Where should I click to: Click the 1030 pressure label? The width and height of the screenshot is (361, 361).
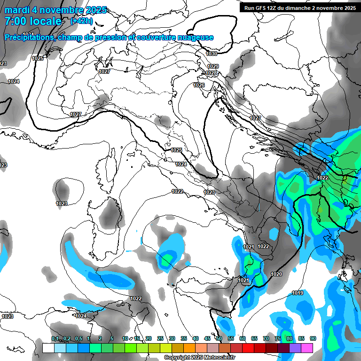click(x=212, y=54)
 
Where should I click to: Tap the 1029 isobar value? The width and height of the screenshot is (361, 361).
click(x=213, y=66)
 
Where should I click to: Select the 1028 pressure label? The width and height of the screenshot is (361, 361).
click(x=212, y=73)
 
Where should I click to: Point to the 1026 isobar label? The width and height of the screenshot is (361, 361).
click(x=199, y=85)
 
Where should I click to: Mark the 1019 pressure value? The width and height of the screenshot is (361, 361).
click(x=298, y=293)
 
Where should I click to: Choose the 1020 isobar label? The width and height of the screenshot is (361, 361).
click(x=277, y=274)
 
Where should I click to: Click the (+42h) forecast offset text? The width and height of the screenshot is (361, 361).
click(x=81, y=21)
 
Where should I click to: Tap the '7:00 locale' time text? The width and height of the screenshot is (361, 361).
click(x=33, y=21)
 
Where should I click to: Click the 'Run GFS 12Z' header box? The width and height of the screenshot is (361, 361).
click(x=299, y=8)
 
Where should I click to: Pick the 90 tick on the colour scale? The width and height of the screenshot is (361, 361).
click(x=313, y=338)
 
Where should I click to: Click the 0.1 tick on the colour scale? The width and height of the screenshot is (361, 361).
click(x=55, y=338)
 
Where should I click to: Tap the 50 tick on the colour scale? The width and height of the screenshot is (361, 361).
click(x=219, y=338)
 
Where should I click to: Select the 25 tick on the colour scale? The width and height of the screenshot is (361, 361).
click(x=160, y=338)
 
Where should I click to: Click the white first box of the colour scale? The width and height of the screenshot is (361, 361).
click(x=48, y=348)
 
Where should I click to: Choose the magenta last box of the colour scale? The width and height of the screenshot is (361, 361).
click(x=307, y=348)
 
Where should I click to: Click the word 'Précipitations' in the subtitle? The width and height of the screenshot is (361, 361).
click(x=28, y=37)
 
